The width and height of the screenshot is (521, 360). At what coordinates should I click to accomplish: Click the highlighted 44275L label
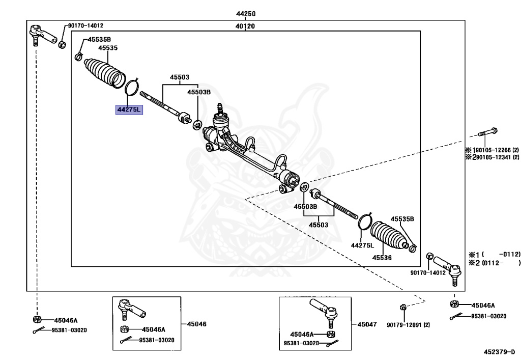[x=129, y=109]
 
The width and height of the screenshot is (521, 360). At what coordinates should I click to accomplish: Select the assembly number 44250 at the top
[x=246, y=14]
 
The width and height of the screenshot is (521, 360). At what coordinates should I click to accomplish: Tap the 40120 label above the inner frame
[x=245, y=26]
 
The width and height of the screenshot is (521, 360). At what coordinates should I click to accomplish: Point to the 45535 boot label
[x=108, y=48]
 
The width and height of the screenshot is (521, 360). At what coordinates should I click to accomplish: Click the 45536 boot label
[x=382, y=258]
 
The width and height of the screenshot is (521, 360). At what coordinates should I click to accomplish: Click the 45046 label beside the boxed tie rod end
[x=196, y=324]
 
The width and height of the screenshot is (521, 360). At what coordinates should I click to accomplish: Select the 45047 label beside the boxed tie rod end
[x=367, y=324]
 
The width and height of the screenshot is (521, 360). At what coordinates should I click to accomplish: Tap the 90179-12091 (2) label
[x=408, y=325]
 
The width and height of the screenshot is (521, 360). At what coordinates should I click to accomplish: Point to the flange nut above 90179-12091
[x=402, y=307]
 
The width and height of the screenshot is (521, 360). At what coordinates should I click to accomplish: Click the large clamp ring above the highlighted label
[x=132, y=88]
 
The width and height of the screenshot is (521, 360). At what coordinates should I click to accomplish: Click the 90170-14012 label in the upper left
[x=85, y=25]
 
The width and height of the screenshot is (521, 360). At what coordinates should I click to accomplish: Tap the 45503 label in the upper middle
[x=180, y=77]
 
